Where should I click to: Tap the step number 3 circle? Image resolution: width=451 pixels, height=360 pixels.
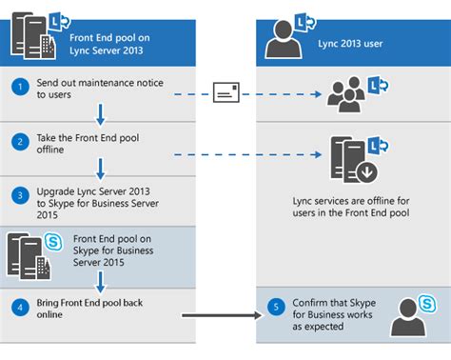click(19, 195)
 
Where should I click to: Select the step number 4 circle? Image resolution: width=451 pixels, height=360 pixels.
click(19, 307)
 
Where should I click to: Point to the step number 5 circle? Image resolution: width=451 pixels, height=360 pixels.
click(274, 307)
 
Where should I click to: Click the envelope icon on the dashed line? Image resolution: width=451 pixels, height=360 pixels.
click(227, 93)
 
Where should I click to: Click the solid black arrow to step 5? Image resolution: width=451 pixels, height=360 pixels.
click(219, 312)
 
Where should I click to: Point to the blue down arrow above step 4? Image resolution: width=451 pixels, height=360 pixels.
click(100, 279)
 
